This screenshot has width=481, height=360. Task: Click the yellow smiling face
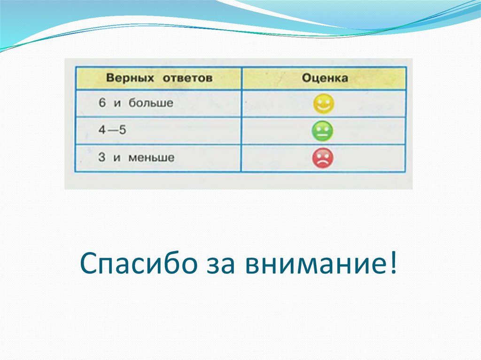[323, 104]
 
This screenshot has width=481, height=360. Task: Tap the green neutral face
[323, 131]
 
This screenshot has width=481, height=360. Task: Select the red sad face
[323, 158]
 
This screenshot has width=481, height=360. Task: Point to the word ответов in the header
[188, 78]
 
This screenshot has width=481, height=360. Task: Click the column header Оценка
[325, 78]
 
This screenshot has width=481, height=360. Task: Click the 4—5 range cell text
[112, 130]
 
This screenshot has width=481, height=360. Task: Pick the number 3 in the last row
[102, 157]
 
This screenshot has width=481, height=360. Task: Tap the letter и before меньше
[117, 158]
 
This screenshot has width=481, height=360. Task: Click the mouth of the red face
[323, 162]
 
